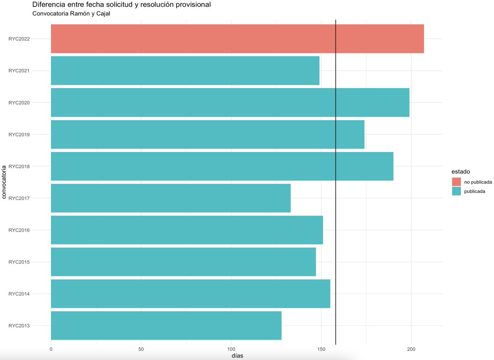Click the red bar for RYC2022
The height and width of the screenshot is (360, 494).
(237, 39)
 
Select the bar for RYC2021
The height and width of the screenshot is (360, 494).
(185, 70)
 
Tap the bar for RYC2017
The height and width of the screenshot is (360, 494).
(171, 198)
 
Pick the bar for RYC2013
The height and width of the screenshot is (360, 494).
(166, 325)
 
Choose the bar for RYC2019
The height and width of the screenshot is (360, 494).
(207, 135)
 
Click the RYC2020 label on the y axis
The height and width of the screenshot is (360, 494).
(19, 103)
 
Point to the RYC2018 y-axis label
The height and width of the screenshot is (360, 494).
(19, 167)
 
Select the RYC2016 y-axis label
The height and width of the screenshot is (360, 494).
(19, 230)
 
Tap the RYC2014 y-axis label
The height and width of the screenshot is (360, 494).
(19, 294)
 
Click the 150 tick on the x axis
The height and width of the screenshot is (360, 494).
(321, 349)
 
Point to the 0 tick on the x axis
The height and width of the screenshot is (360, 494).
(51, 349)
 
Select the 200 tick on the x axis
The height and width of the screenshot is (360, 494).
(411, 349)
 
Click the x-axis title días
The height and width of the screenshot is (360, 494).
(237, 355)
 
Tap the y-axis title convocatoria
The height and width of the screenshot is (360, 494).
(4, 182)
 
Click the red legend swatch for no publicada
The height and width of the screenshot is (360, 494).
(456, 182)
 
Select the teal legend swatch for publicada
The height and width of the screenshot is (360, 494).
(456, 191)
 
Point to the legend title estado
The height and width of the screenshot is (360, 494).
(461, 172)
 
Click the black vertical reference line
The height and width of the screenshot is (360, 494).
(336, 182)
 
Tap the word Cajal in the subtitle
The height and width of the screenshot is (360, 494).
(103, 14)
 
